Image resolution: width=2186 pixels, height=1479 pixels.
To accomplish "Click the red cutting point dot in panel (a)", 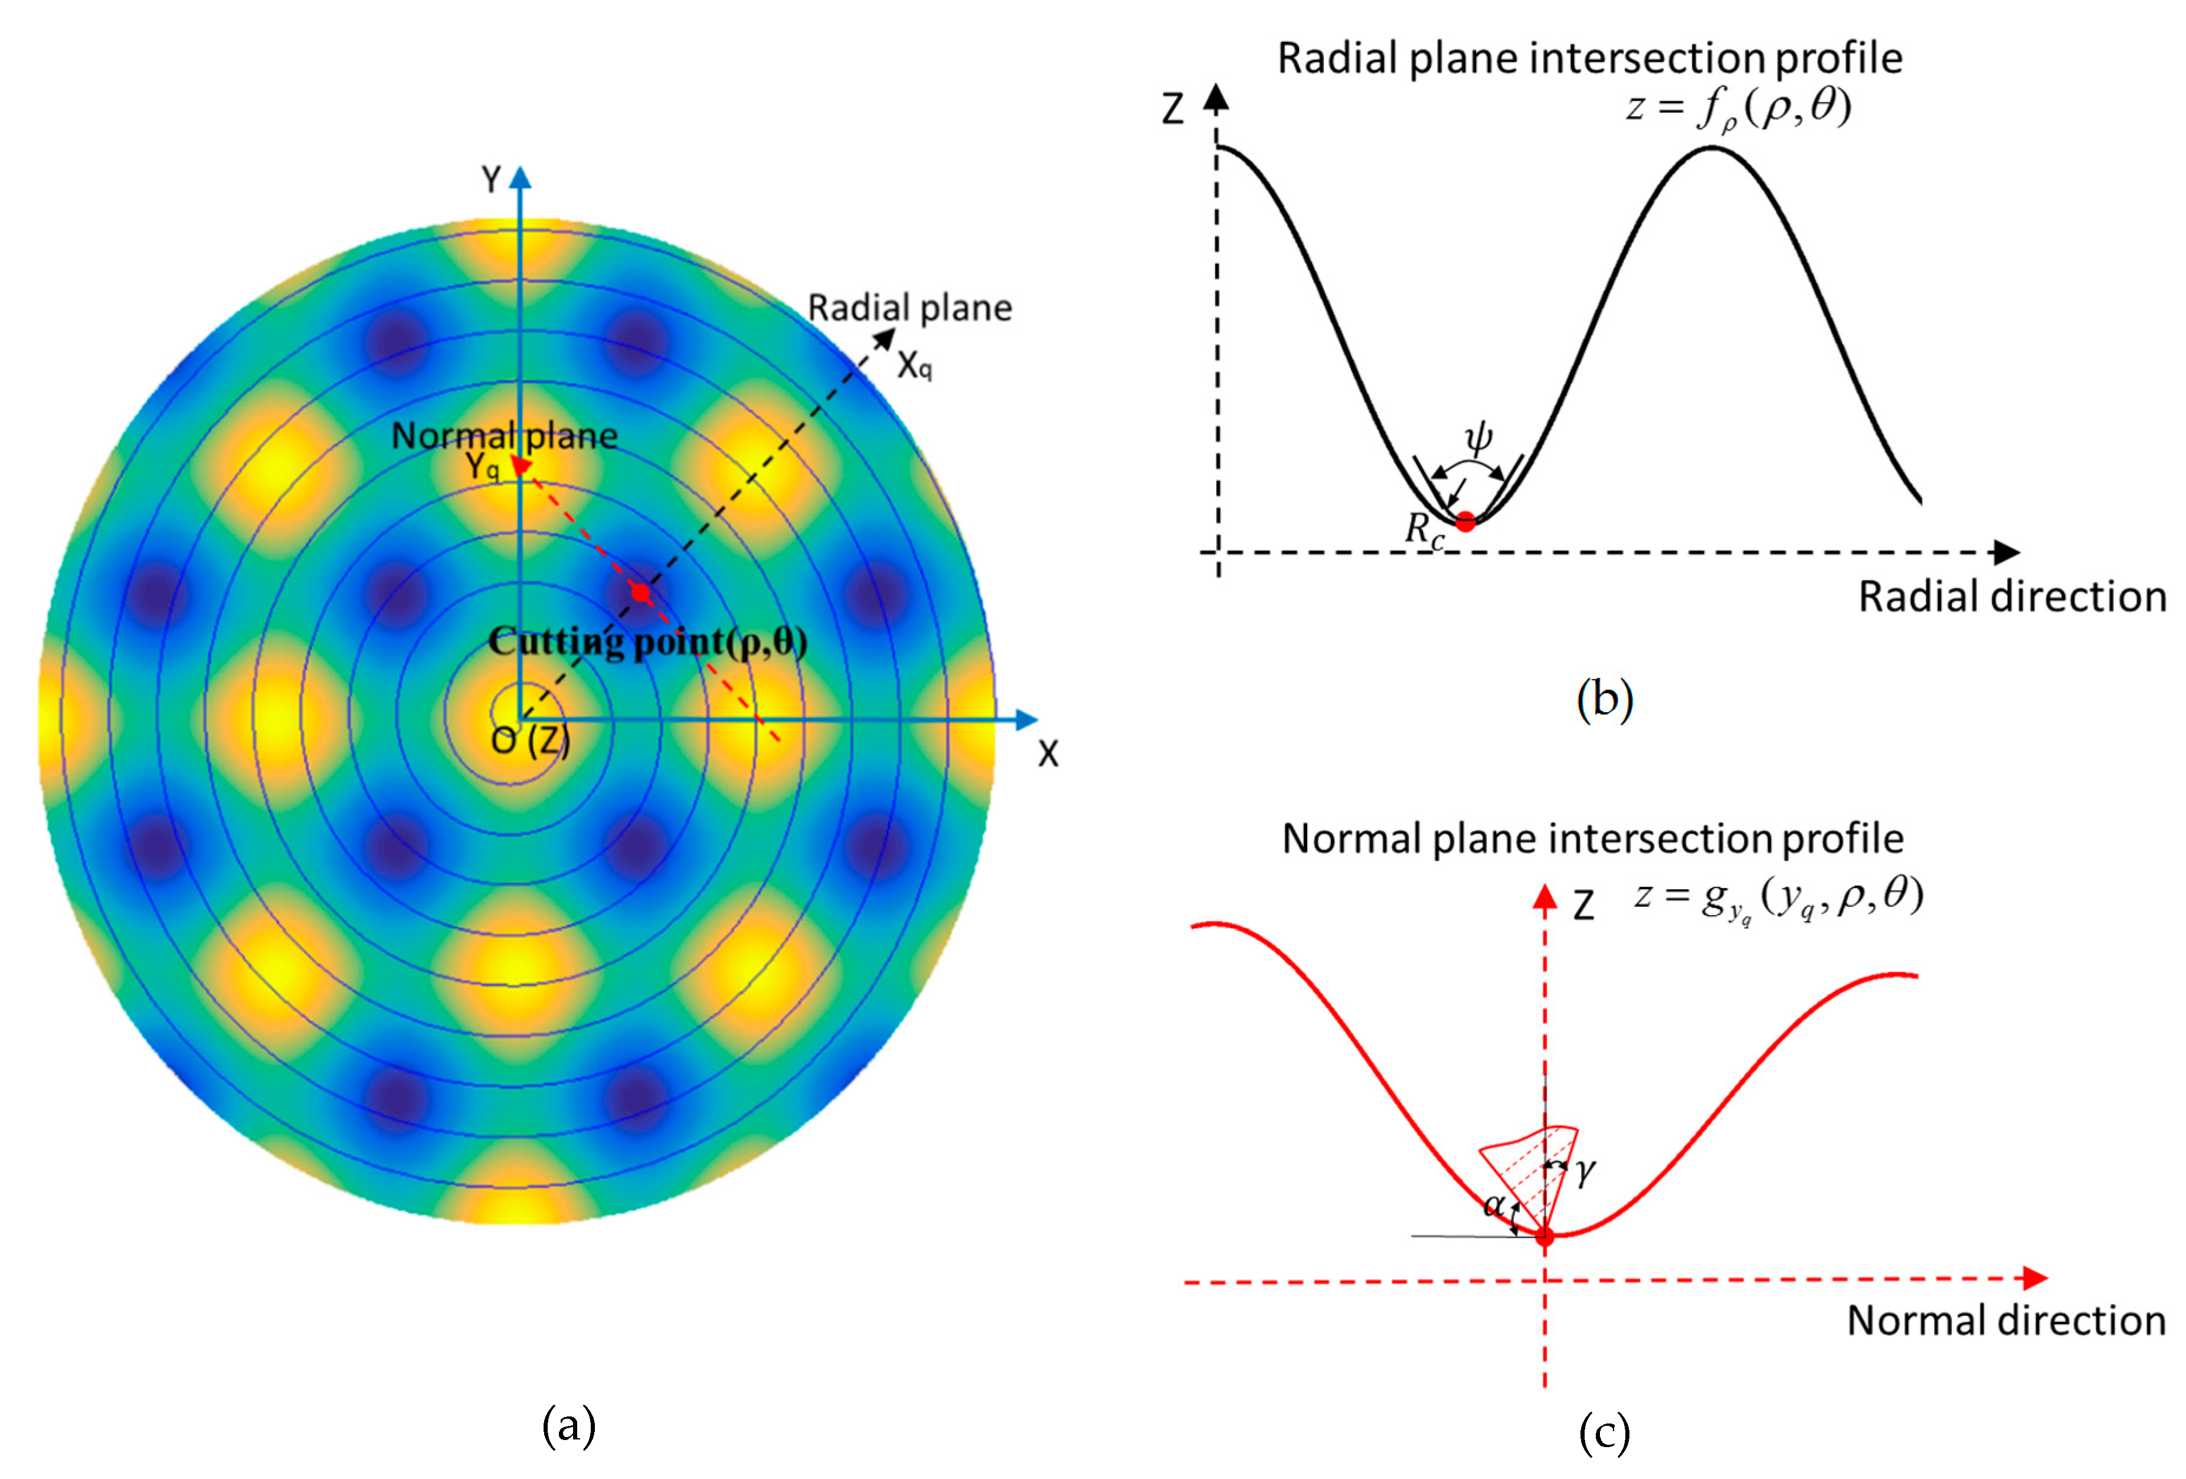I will click(640, 593).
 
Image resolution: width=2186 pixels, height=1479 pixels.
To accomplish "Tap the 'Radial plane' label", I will click(909, 308).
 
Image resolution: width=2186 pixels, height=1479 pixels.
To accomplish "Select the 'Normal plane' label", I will click(504, 436).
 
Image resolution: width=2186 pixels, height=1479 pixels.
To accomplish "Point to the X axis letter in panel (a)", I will click(1048, 753).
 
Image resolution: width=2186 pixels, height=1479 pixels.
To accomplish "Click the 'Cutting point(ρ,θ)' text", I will click(647, 642).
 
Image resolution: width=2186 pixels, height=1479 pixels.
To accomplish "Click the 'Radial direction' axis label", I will click(2012, 596).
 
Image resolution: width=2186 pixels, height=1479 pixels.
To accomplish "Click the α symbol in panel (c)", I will click(1493, 1205).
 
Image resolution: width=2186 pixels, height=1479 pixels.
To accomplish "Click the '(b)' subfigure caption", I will click(1603, 699).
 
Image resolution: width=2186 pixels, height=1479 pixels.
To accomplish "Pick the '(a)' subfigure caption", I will click(569, 1425).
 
